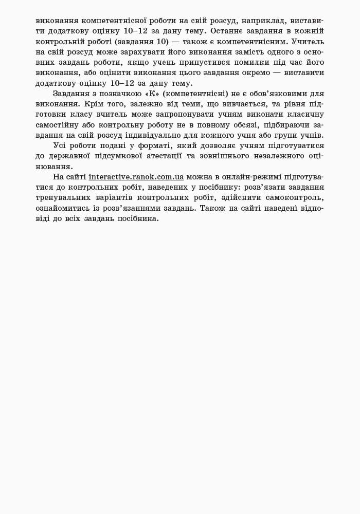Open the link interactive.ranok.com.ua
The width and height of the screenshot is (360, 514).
[136, 177]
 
